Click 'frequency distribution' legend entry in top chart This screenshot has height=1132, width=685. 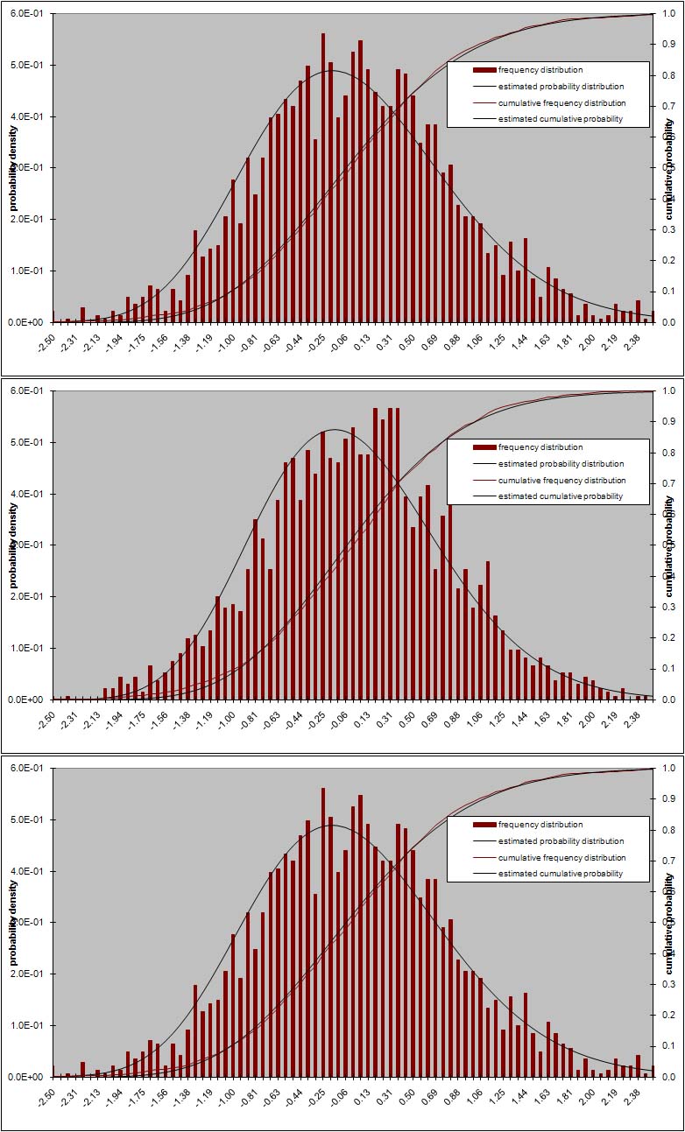540,70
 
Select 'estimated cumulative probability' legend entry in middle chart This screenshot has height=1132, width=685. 560,496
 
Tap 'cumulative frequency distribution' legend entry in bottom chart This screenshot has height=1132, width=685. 561,857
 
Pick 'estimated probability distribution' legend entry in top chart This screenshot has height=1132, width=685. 561,87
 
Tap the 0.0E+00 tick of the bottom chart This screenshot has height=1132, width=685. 30,1077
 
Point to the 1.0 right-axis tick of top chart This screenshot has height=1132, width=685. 668,14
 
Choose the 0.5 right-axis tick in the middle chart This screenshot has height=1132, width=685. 668,545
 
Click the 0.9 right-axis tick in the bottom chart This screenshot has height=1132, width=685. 668,799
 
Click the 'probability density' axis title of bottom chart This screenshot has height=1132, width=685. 13,923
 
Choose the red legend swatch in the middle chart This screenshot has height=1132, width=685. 484,447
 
